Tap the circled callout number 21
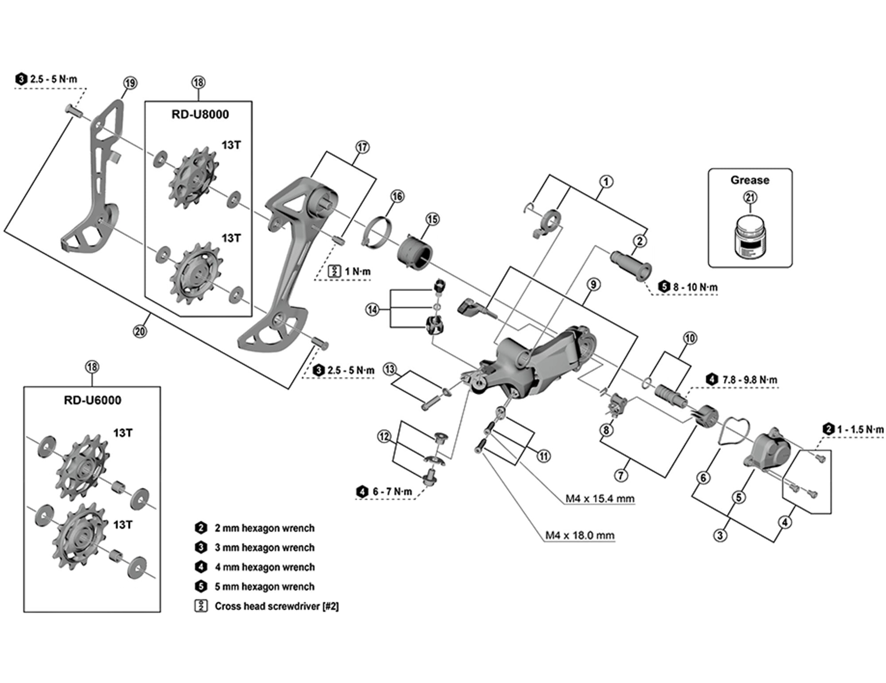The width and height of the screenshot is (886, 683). click(x=750, y=198)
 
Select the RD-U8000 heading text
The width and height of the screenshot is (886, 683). click(x=200, y=114)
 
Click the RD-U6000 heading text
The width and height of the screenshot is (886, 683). click(x=92, y=400)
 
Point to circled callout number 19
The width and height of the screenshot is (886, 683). click(x=130, y=83)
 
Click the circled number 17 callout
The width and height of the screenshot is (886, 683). click(x=362, y=147)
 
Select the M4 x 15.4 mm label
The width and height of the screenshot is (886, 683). click(x=600, y=499)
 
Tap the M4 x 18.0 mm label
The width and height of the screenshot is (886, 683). click(x=580, y=535)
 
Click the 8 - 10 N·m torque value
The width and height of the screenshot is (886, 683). click(x=695, y=287)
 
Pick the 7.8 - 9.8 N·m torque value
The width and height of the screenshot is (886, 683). click(x=749, y=380)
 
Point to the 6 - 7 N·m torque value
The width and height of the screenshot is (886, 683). click(x=392, y=492)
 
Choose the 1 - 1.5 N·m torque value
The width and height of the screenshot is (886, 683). click(x=860, y=429)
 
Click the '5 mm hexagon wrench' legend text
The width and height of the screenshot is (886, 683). click(x=264, y=587)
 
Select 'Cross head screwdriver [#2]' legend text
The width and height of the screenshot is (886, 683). click(x=276, y=606)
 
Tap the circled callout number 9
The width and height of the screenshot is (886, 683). click(x=593, y=285)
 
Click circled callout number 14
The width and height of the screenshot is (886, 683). click(x=372, y=309)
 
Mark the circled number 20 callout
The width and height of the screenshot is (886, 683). click(x=140, y=331)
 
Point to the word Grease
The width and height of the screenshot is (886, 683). click(x=749, y=180)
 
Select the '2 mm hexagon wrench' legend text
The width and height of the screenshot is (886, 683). click(x=264, y=528)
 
